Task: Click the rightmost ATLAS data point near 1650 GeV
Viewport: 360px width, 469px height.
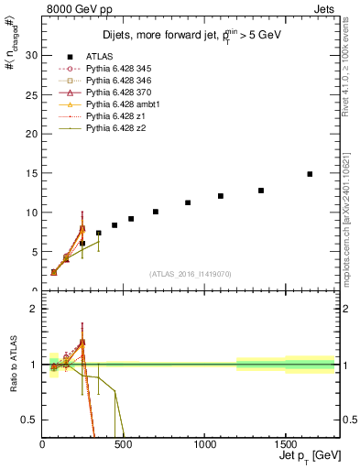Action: pos(310,174)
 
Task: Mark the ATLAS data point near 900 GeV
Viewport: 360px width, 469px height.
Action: pos(188,202)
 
